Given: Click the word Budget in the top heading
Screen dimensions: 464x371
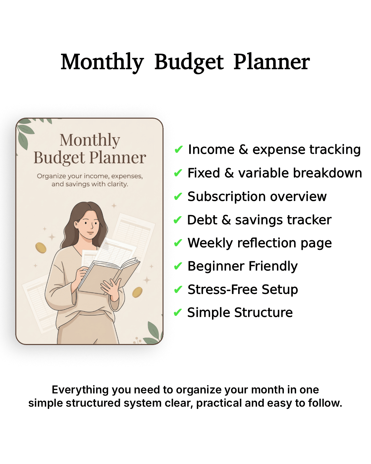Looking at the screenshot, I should tap(189, 62).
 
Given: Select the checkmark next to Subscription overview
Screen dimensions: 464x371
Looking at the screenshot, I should tap(178, 197).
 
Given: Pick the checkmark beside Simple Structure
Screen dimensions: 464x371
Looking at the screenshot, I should tap(178, 313).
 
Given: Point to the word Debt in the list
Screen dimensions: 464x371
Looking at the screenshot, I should tap(202, 220).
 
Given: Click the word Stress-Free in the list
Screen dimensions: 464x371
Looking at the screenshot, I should tap(222, 290).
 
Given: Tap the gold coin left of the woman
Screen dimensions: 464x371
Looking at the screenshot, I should tap(41, 248).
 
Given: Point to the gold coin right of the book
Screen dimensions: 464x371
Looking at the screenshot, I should tap(137, 292).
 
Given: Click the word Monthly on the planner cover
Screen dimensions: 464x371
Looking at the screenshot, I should tap(90, 140).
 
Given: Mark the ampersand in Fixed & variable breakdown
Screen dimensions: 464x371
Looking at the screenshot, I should tap(229, 173).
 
